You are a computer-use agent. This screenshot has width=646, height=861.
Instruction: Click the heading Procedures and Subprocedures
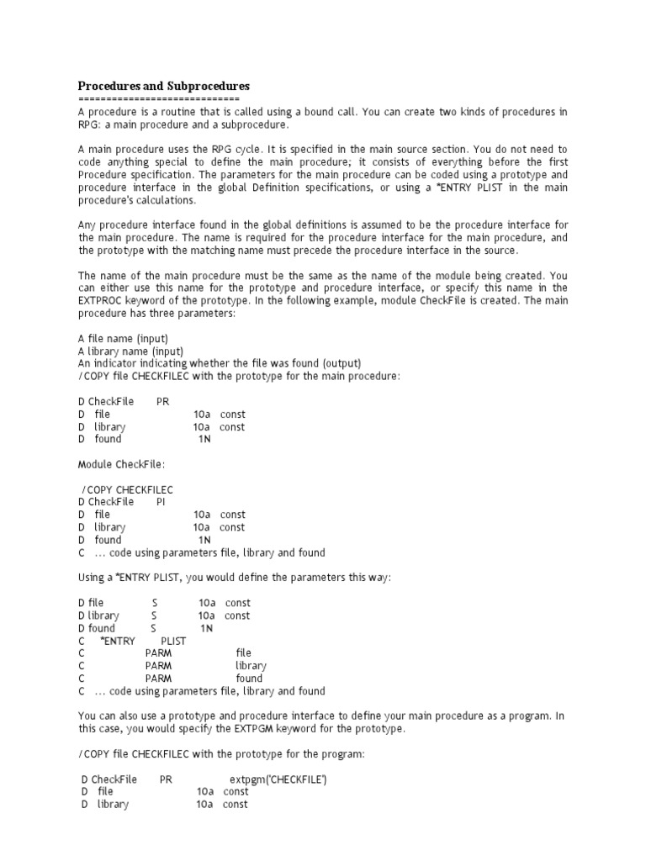pos(164,87)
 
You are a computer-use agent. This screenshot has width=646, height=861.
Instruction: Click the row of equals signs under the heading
pos(159,99)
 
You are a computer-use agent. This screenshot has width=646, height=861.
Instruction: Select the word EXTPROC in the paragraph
pos(103,300)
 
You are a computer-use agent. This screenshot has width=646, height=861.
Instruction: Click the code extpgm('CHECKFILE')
pos(278,779)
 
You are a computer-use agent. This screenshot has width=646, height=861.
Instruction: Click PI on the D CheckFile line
pos(161,502)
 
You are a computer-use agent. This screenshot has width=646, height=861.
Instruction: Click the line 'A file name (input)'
pos(123,338)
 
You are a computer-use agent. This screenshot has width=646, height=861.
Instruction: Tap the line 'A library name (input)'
pos(130,351)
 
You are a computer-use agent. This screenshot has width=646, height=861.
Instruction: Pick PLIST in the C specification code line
pos(173,641)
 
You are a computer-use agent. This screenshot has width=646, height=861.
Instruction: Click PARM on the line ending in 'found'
pos(158,679)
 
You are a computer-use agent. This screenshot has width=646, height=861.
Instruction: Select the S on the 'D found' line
pos(154,628)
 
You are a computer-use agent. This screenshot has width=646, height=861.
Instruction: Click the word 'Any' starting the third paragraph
pos(87,225)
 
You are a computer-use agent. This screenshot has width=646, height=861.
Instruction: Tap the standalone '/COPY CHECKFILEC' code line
pos(128,489)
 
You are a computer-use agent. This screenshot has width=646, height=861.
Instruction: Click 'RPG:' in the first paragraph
pos(90,124)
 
